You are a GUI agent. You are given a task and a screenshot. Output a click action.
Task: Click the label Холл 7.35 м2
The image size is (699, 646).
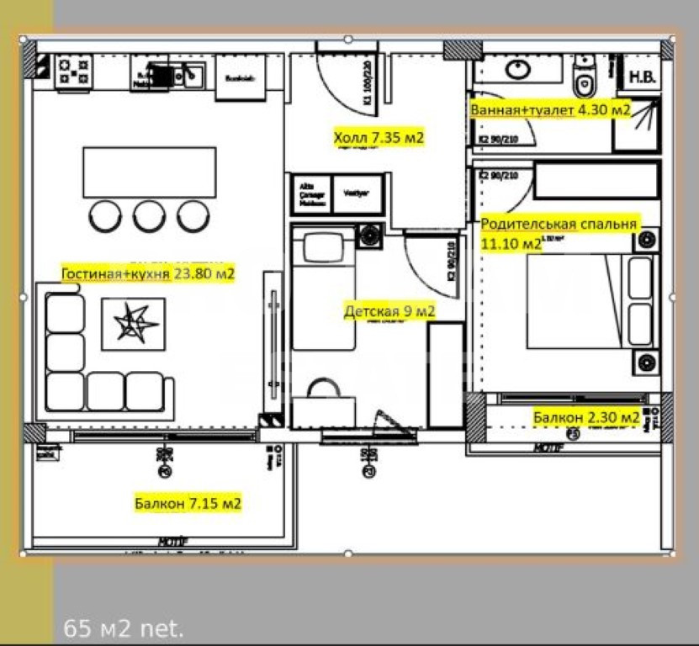point(378,137)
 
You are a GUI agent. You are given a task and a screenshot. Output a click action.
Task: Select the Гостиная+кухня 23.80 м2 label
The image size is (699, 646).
point(147,273)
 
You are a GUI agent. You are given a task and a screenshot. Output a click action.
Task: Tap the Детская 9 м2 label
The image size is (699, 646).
point(389,312)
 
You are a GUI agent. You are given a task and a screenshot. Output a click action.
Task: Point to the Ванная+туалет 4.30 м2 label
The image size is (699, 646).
point(551,109)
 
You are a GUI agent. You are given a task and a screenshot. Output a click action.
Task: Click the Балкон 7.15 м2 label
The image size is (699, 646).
point(188,504)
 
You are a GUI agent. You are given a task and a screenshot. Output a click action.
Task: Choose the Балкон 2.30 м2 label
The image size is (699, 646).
point(586,416)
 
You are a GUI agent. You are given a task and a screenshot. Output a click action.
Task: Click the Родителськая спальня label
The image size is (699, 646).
point(559,225)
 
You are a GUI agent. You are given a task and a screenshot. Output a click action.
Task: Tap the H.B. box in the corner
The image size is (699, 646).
point(644,77)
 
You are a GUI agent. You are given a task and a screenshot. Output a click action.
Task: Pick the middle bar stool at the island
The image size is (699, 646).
point(149,215)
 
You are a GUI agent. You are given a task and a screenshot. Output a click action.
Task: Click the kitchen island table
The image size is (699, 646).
point(149,172)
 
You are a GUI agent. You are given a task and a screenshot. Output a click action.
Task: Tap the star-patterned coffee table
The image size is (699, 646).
point(133,324)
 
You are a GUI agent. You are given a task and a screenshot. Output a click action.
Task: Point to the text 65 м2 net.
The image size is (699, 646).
point(124,627)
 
